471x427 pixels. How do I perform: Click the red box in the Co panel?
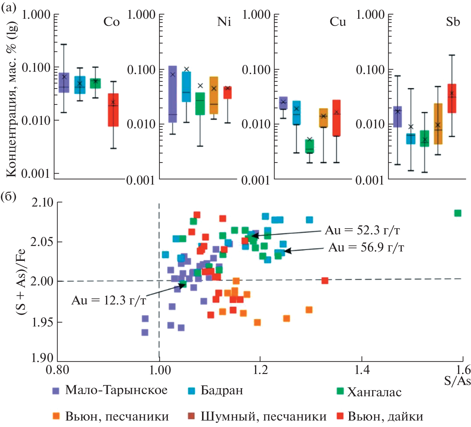pyautogui.click(x=113, y=110)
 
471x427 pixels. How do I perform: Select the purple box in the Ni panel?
pyautogui.click(x=173, y=94)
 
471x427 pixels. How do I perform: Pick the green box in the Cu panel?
pyautogui.click(x=310, y=146)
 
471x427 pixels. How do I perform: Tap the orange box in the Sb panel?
pyautogui.click(x=438, y=124)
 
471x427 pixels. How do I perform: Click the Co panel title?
pyautogui.click(x=112, y=22)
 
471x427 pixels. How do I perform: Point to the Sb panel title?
pyautogui.click(x=453, y=22)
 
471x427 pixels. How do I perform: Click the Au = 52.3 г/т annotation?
pyautogui.click(x=362, y=230)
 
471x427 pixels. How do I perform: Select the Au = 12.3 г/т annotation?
pyautogui.click(x=109, y=300)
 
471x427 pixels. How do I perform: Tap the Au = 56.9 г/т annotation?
pyautogui.click(x=366, y=247)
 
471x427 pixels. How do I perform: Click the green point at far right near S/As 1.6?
pyautogui.click(x=458, y=213)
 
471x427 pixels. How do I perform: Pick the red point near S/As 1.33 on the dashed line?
pyautogui.click(x=325, y=281)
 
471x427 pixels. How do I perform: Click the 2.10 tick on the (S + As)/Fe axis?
pyautogui.click(x=42, y=202)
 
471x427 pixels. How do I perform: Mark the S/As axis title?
pyautogui.click(x=457, y=381)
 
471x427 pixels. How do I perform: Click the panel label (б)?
pyautogui.click(x=9, y=196)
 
